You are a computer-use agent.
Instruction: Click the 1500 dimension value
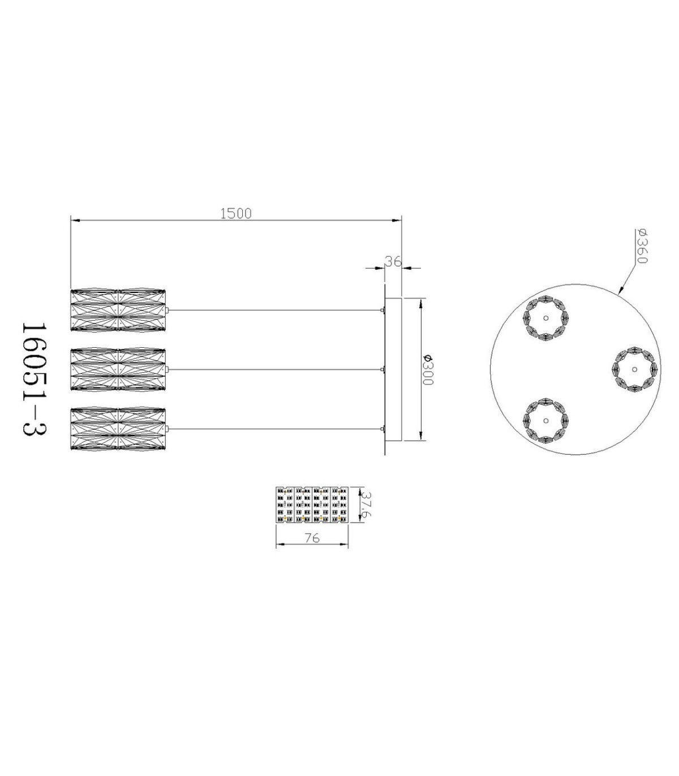(236, 214)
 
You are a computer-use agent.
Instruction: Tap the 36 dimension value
(393, 261)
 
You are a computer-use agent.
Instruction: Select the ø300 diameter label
(427, 369)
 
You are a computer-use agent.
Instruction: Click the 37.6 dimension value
(367, 506)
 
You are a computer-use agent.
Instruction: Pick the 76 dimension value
(312, 538)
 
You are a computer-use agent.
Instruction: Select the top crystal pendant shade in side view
(118, 311)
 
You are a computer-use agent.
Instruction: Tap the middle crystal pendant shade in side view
(118, 369)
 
